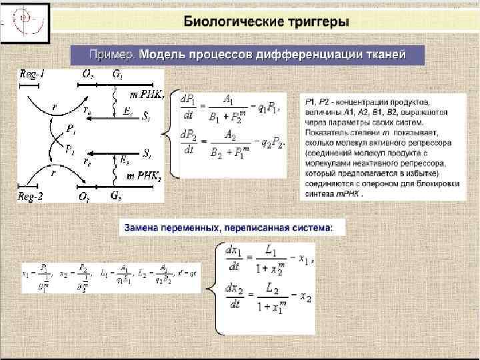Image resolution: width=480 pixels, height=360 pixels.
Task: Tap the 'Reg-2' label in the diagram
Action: pyautogui.click(x=31, y=196)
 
